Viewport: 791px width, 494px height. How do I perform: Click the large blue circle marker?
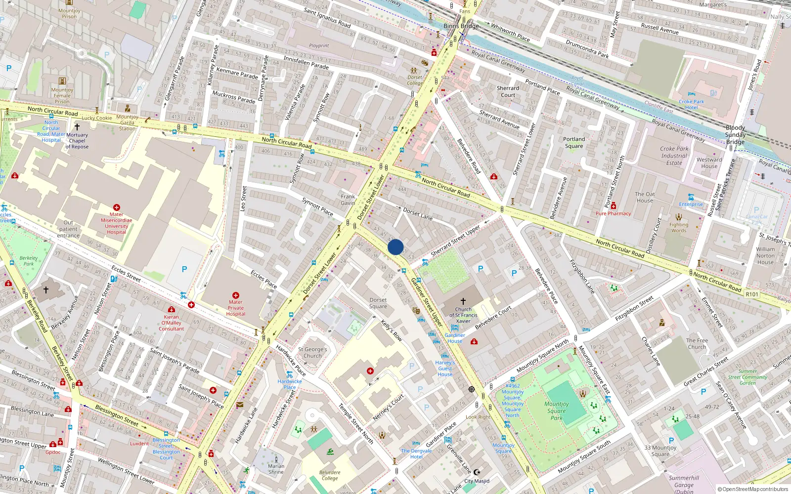(x=395, y=247)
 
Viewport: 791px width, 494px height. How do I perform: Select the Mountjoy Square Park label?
(x=557, y=411)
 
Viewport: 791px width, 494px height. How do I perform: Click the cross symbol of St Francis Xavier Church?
(x=463, y=301)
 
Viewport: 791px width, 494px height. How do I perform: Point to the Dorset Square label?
(x=378, y=303)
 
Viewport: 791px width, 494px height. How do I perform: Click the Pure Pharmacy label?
(x=613, y=214)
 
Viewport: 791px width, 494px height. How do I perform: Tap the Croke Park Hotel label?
(x=691, y=104)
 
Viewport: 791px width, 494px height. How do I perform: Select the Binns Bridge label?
(x=461, y=26)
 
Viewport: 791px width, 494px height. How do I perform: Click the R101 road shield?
(x=751, y=294)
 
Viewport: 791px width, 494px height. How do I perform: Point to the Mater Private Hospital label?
(x=236, y=308)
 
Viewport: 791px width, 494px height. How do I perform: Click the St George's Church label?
(x=312, y=352)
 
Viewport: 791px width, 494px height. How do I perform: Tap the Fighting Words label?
(x=679, y=227)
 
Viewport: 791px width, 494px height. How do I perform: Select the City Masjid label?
(x=477, y=481)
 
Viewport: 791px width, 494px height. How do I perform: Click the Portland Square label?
(x=574, y=142)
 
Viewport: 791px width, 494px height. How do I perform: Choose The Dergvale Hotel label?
(x=416, y=453)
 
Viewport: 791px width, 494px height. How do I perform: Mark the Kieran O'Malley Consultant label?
(x=172, y=323)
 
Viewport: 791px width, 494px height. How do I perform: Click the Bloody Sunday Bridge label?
(x=735, y=134)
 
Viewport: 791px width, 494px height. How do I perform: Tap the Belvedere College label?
(x=330, y=475)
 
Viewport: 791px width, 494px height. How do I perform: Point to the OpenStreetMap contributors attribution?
(x=753, y=489)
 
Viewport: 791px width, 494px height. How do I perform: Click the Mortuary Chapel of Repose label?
(x=77, y=141)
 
